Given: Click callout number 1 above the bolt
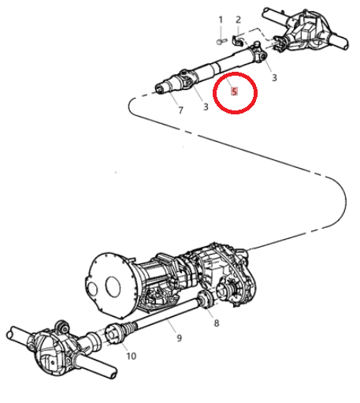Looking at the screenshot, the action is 221,20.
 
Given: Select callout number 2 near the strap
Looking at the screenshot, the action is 238,20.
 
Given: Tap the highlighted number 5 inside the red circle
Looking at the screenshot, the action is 234,91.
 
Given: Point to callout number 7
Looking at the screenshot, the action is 180,110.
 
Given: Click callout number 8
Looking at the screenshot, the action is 217,323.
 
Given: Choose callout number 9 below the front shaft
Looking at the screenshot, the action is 179,338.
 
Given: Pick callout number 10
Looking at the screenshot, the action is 132,356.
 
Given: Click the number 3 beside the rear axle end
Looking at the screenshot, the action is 274,77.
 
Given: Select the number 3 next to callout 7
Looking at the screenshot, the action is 206,106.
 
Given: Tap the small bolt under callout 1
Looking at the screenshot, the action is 222,42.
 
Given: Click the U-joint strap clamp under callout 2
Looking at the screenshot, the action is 238,40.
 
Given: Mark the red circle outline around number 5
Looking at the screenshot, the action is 213,92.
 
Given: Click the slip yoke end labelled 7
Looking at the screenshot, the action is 164,86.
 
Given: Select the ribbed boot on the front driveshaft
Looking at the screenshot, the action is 129,328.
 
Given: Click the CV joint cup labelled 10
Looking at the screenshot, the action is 113,334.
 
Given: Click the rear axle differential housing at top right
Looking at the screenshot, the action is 305,32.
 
